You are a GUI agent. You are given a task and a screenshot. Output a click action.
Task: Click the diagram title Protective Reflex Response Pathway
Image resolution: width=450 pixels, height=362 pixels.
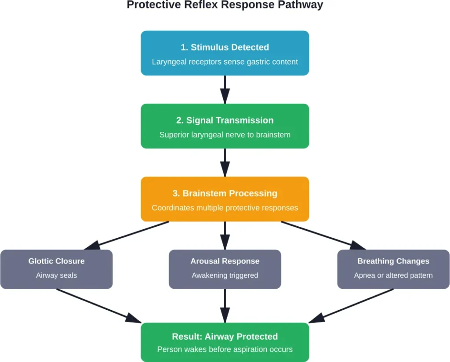point(225,5)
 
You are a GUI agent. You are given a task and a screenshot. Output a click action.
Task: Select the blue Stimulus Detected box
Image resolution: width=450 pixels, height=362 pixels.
point(225,53)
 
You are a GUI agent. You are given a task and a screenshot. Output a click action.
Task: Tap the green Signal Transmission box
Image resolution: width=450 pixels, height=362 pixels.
point(225,126)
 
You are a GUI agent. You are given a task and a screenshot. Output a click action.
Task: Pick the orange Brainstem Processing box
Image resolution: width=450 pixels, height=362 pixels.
point(225,199)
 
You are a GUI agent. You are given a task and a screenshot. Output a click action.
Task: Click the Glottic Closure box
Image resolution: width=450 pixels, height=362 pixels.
point(56,269)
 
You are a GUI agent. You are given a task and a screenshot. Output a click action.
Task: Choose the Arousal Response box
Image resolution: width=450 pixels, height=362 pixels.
point(225,269)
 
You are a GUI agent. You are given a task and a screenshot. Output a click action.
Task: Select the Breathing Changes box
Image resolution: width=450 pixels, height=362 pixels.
point(393,269)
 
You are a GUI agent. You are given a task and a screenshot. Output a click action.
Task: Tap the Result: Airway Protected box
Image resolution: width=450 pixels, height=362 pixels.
point(225,342)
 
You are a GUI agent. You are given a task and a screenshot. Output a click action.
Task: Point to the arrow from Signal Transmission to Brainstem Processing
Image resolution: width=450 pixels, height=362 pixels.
point(225,162)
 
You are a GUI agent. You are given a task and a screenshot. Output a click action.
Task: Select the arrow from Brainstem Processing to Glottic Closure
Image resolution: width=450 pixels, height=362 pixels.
point(127,235)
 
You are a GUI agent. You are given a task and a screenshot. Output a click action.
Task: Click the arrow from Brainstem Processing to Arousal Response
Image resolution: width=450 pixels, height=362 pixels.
point(225,235)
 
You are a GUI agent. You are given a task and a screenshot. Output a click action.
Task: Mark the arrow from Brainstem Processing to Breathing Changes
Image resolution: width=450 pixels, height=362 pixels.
point(323,235)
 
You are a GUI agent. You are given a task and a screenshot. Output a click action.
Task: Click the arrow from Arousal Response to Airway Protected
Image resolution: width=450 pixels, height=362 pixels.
point(225,305)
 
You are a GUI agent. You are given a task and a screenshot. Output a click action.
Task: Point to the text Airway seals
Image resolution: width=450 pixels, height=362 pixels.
point(56,275)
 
